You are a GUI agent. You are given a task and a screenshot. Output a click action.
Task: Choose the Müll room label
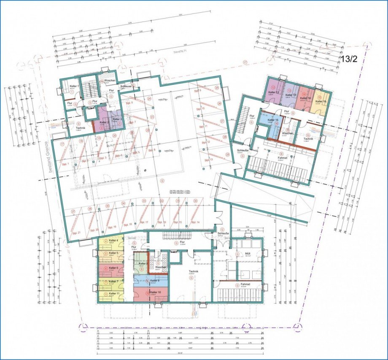(x=242, y=254)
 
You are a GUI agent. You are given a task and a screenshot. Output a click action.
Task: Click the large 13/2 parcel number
(x=349, y=59)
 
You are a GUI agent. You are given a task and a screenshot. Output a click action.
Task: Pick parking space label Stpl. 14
(x=194, y=222)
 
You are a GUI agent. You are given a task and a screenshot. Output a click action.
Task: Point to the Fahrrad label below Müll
(x=245, y=285)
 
